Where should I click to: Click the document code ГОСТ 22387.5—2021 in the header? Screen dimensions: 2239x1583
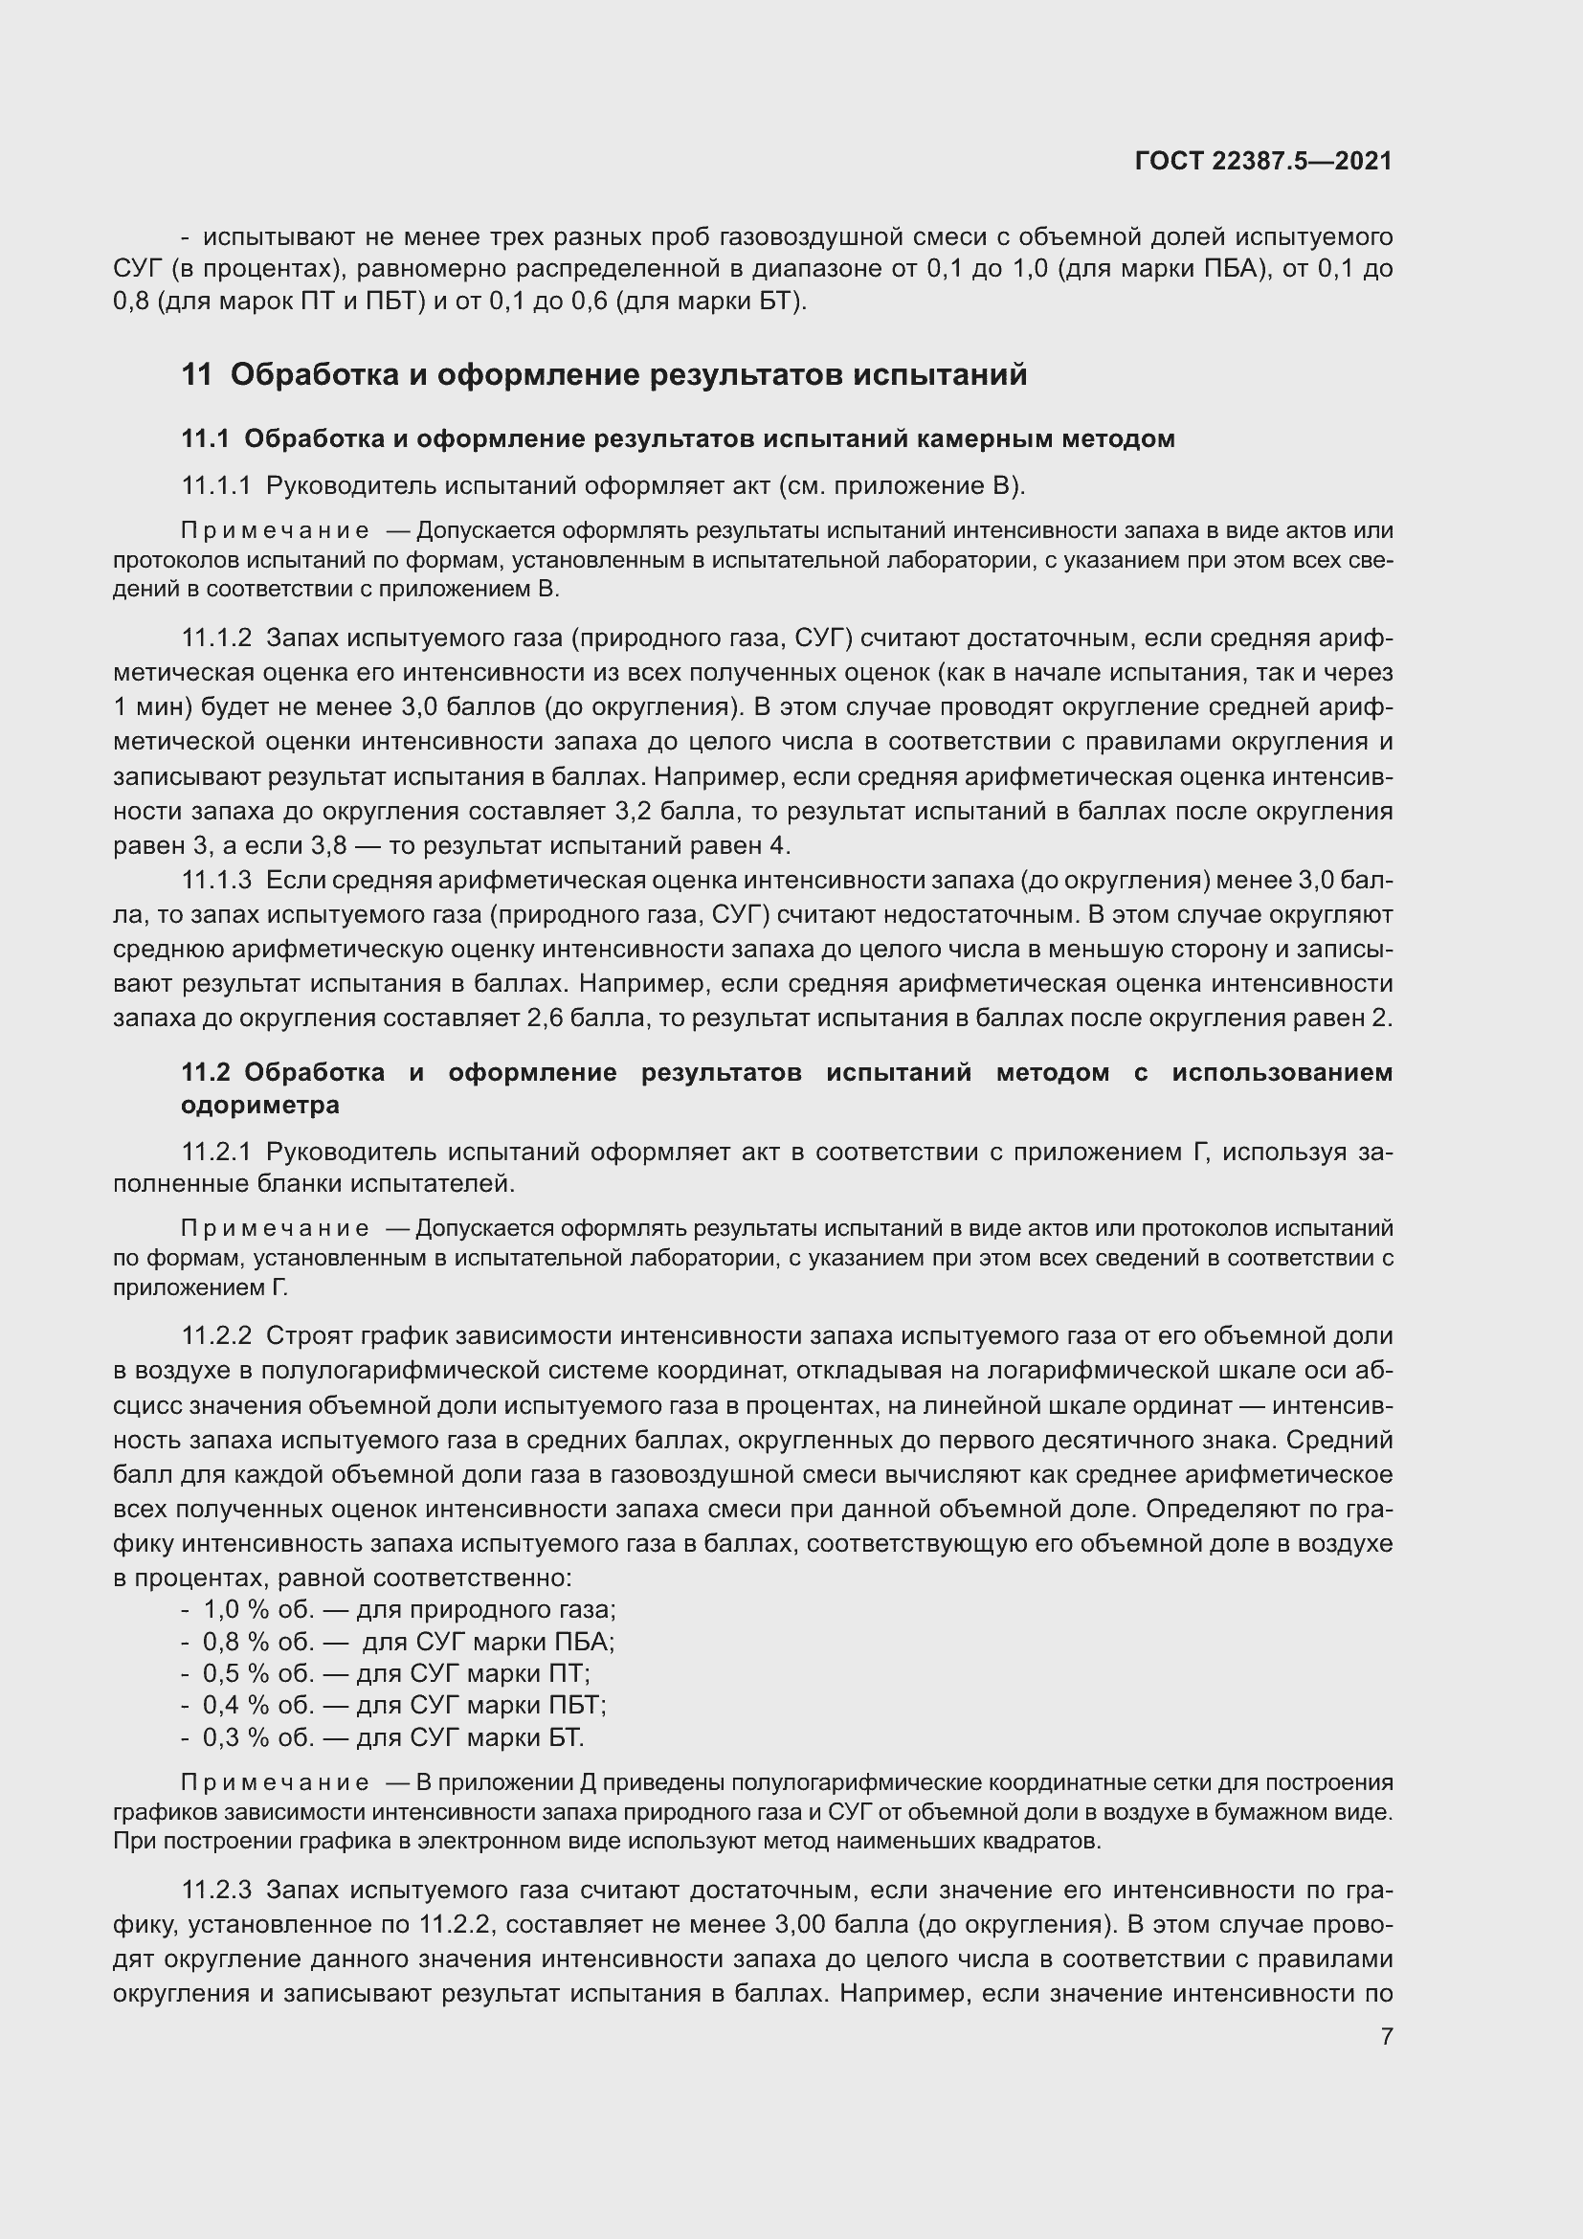(1263, 161)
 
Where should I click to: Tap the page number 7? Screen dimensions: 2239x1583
(1386, 2036)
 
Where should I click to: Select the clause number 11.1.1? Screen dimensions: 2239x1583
(215, 485)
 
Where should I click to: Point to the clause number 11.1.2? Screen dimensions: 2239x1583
(216, 638)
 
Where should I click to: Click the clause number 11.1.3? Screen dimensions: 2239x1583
(216, 881)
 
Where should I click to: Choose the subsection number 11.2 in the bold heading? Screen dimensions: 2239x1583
(205, 1073)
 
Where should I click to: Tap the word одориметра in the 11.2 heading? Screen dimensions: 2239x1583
(260, 1105)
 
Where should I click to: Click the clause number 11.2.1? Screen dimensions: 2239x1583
(216, 1152)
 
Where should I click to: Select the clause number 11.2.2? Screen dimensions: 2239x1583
(216, 1335)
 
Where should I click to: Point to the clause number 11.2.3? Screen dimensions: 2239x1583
(216, 1890)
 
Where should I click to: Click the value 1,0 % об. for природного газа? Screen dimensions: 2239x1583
(258, 1609)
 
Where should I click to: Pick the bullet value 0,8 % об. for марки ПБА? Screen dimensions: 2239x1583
(258, 1642)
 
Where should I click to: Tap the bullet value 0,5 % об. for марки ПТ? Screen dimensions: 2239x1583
(258, 1673)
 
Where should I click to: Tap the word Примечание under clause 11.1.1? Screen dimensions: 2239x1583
(275, 530)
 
